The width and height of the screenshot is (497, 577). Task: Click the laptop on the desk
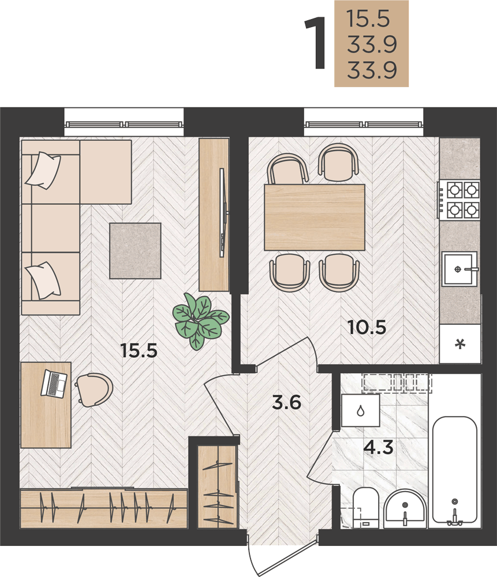point(54,384)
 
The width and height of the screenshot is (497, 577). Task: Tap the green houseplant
point(201,321)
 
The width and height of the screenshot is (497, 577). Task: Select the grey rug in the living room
point(135,250)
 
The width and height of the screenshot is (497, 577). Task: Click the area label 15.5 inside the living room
point(139,350)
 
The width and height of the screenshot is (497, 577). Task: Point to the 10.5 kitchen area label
point(367,327)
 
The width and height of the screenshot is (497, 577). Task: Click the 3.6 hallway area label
point(287,402)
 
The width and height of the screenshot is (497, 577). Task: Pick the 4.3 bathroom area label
point(379,448)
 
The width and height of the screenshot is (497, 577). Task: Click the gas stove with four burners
point(459,200)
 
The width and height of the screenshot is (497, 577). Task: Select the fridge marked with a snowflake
point(460,344)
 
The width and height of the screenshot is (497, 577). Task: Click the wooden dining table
point(315,218)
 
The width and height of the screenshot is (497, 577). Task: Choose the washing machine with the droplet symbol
point(360,410)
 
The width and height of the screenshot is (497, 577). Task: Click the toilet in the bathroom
point(365,508)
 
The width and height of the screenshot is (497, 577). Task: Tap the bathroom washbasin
point(405,509)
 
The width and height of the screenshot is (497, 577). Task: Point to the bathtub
point(455,470)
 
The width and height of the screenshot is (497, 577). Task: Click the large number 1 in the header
point(316,43)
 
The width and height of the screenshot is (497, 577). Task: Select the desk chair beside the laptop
point(94,389)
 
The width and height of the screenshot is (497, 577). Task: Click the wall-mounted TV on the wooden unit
point(223,213)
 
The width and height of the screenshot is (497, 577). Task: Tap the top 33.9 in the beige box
point(372,44)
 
